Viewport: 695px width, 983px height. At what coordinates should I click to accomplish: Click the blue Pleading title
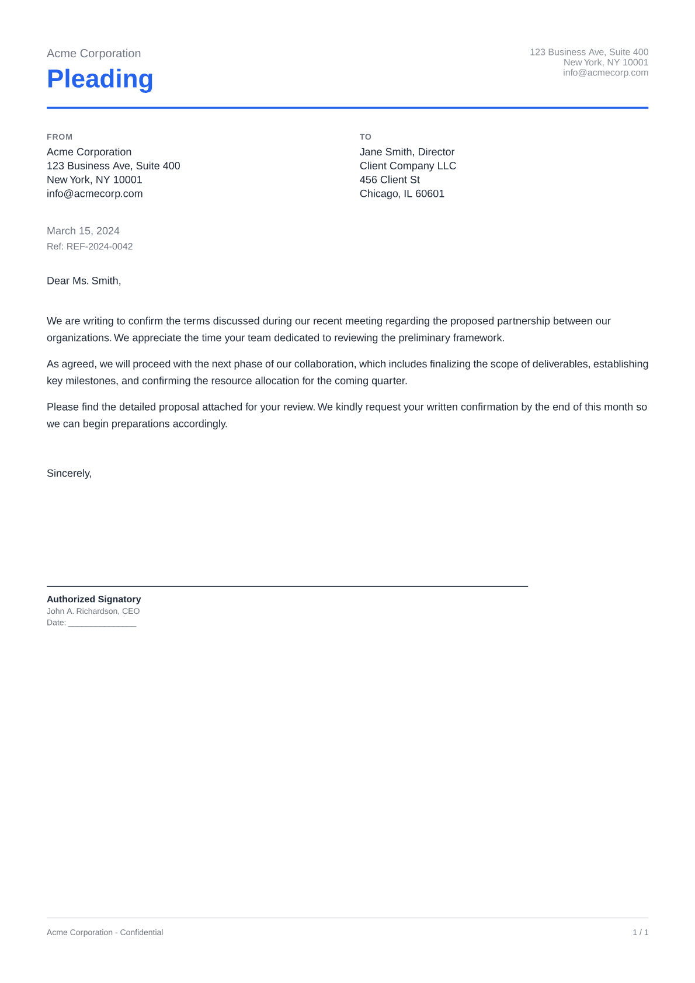(x=100, y=79)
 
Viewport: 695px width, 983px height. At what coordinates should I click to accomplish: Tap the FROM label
(x=60, y=137)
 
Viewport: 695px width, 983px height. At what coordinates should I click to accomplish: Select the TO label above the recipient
(x=365, y=137)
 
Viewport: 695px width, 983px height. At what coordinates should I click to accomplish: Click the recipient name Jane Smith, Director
(x=406, y=152)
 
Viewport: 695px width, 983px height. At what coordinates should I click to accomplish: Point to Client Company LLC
(x=408, y=166)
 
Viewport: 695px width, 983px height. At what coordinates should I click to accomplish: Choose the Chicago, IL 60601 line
(x=402, y=194)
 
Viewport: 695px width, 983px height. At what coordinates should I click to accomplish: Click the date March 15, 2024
(x=83, y=231)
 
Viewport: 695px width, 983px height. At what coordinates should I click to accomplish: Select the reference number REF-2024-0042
(x=99, y=246)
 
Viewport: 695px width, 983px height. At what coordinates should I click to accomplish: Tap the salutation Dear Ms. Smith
(x=84, y=281)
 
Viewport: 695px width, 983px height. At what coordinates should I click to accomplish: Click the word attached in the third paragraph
(x=222, y=407)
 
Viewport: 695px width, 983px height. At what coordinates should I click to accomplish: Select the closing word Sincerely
(x=69, y=474)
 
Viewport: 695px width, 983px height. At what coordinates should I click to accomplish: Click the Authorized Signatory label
(x=93, y=599)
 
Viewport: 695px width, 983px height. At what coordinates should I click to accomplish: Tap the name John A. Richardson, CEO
(x=93, y=612)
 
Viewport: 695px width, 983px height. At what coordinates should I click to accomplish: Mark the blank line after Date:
(x=102, y=624)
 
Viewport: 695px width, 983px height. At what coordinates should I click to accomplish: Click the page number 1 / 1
(x=640, y=933)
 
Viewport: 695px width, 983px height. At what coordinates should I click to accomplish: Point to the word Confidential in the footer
(x=141, y=933)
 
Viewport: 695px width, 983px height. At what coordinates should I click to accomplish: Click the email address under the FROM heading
(x=95, y=194)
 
